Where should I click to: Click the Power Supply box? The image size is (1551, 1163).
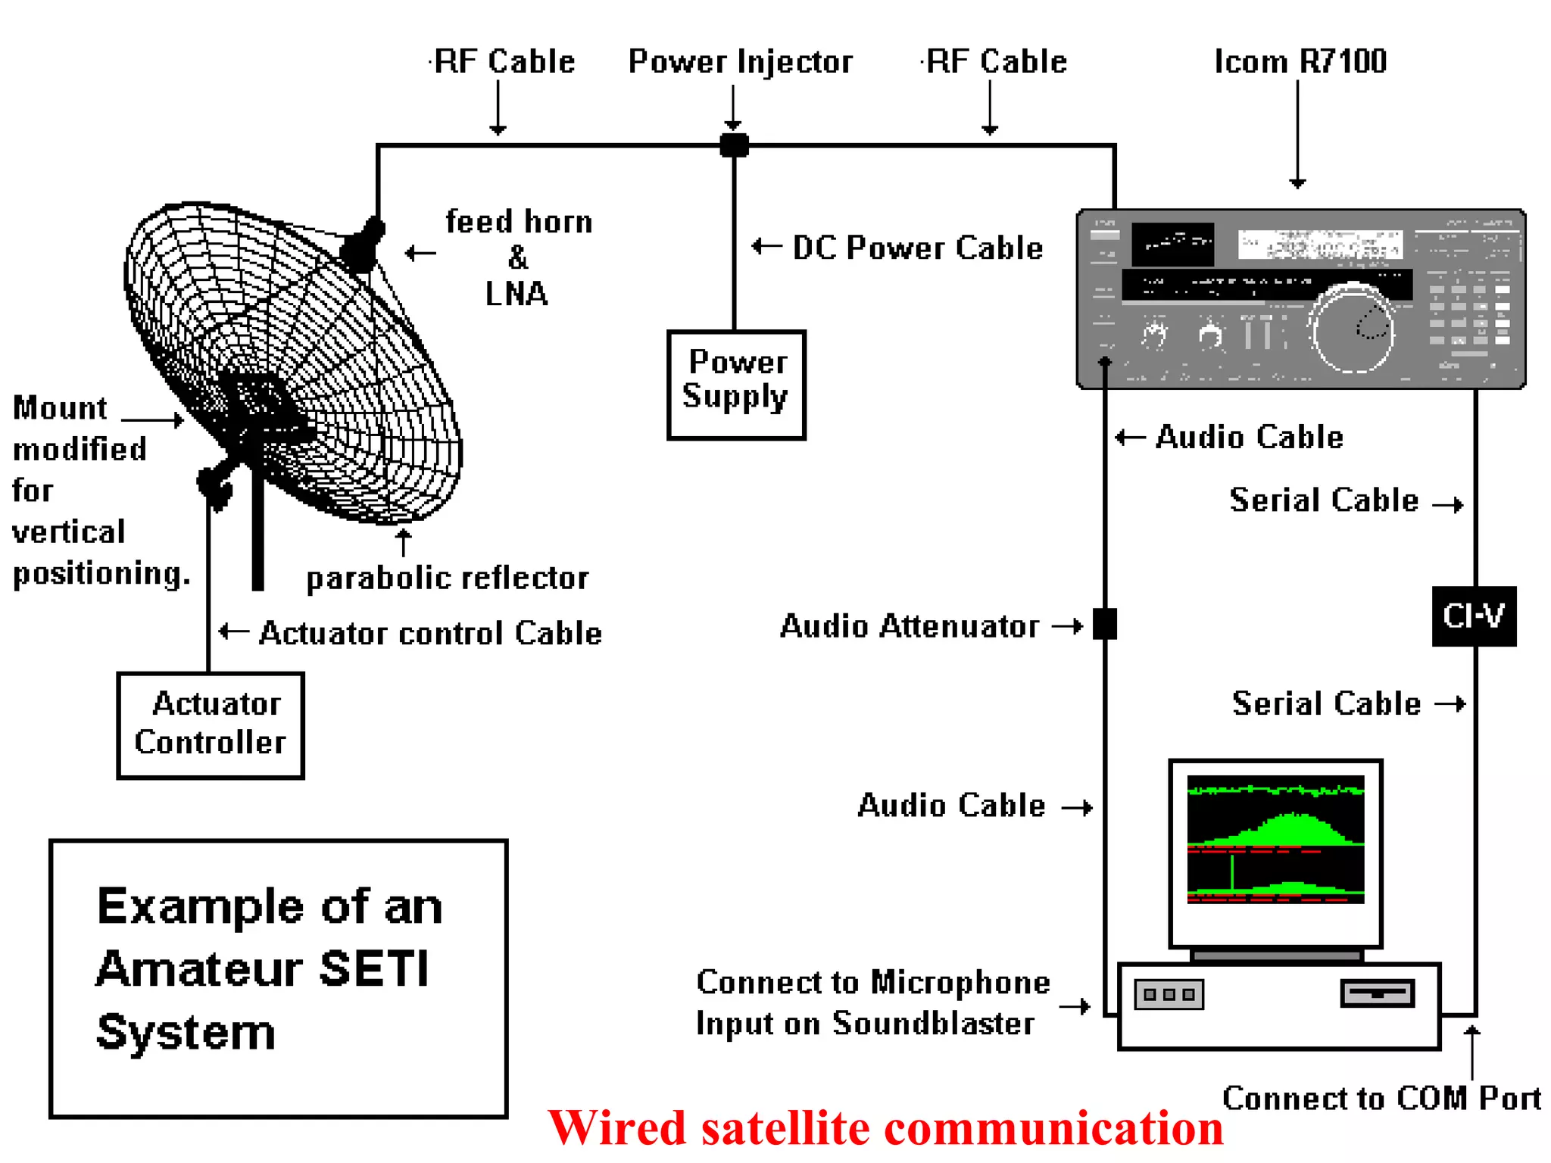(736, 385)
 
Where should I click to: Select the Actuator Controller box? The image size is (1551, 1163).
(211, 725)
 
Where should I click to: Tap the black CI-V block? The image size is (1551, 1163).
(1474, 616)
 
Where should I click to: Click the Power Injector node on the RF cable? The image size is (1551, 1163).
(734, 144)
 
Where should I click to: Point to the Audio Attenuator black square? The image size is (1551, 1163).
(1105, 624)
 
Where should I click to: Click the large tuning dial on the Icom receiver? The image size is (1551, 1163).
(1353, 329)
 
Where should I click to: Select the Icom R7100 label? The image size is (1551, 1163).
(1300, 61)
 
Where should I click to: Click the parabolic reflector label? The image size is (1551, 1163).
(447, 578)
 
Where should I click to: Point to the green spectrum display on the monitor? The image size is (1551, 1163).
(1275, 839)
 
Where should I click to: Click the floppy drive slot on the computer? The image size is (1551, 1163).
(1377, 993)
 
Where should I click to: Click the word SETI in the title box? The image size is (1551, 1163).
(374, 968)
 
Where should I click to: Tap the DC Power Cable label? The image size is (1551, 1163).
(917, 248)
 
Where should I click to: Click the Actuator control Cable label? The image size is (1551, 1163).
(430, 633)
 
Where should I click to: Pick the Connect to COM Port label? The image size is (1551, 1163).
(1381, 1098)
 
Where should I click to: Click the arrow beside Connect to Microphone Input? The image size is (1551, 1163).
(1075, 1006)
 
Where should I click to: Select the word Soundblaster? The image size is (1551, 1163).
(933, 1024)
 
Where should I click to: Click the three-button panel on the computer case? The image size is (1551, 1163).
(1169, 994)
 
